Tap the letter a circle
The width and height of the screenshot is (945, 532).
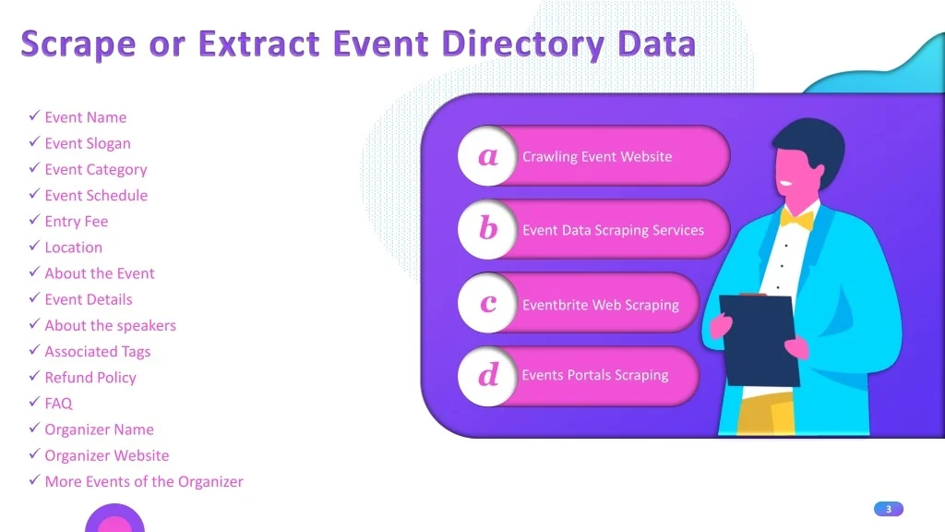tap(487, 155)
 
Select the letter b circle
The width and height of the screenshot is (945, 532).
tap(487, 229)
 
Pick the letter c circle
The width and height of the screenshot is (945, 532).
tap(487, 303)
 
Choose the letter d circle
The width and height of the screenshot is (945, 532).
tap(487, 376)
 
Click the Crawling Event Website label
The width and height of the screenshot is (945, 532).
tap(597, 157)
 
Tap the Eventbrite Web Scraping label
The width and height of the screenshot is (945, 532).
tap(600, 305)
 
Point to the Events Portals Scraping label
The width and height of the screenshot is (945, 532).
tap(595, 375)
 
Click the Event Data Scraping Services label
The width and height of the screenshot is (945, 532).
tap(613, 230)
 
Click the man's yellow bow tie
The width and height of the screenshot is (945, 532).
tap(796, 218)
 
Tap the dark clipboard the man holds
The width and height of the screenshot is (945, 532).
tap(760, 339)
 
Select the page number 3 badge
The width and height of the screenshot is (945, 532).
tap(889, 509)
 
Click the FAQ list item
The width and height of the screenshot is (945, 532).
tap(58, 404)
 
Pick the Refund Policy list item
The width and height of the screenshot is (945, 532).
tap(90, 378)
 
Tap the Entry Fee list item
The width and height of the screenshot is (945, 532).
tap(77, 222)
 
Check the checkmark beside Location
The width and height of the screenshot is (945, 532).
tap(34, 246)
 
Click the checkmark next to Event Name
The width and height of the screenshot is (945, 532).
tap(34, 115)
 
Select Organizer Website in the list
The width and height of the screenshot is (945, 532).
tap(107, 455)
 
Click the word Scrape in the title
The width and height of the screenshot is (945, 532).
tap(78, 45)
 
